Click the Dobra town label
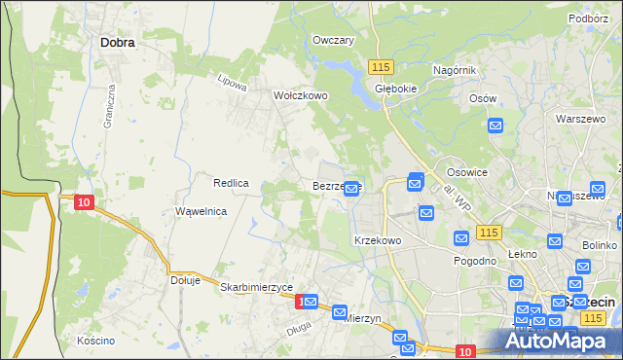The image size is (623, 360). (x=117, y=43)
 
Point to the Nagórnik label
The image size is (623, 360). (x=454, y=70)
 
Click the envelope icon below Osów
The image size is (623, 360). (x=495, y=125)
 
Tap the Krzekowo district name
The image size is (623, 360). (x=378, y=239)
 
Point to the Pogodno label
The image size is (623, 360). (x=476, y=261)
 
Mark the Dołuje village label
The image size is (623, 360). (x=185, y=280)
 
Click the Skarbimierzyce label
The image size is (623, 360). (x=257, y=287)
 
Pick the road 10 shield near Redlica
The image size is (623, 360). (x=84, y=201)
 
